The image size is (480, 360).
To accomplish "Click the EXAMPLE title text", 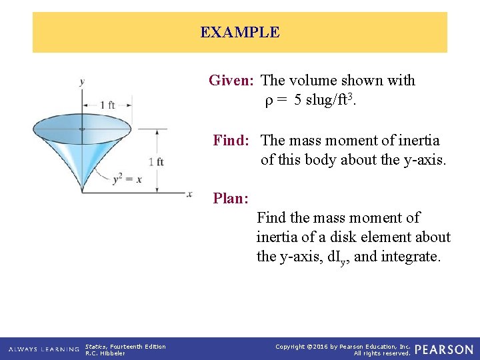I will click(x=240, y=32).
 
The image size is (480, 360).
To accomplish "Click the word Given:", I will click(x=231, y=81).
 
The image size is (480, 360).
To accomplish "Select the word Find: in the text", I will click(x=231, y=141).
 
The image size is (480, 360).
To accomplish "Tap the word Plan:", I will click(x=231, y=198).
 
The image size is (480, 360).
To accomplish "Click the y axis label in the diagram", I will click(x=82, y=82).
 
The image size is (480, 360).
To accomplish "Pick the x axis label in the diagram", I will click(x=189, y=194).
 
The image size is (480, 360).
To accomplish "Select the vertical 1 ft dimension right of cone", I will click(x=156, y=162).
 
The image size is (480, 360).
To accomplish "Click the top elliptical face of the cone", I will click(x=82, y=128).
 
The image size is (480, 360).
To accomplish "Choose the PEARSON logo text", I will click(x=443, y=349).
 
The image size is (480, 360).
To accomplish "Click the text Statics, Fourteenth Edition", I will click(x=125, y=346).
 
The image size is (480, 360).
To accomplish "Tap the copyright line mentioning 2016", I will click(x=343, y=346).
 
